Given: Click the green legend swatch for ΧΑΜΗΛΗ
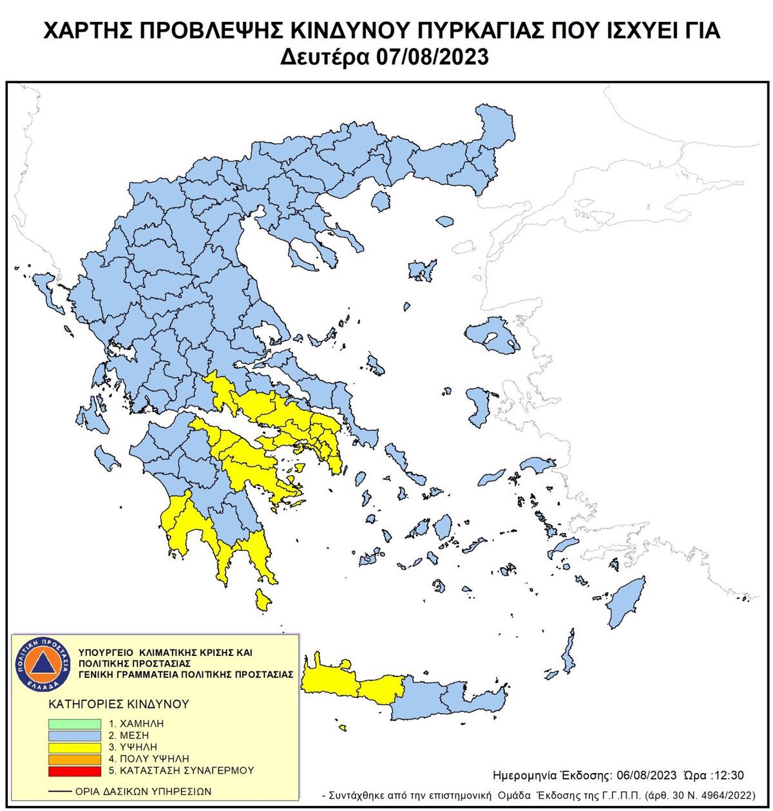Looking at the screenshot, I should click(75, 723).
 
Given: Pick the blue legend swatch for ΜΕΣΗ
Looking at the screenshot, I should click(75, 735).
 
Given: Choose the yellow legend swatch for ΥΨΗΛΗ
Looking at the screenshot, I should click(75, 747).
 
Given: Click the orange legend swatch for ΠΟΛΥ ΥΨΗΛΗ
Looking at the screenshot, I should click(75, 759).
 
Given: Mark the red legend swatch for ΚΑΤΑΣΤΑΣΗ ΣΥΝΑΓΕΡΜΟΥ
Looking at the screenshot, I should click(75, 770).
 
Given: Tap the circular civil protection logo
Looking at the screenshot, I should click(41, 664).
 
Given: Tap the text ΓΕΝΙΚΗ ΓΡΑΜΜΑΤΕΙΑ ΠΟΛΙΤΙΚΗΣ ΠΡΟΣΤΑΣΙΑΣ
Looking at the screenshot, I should click(186, 674).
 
